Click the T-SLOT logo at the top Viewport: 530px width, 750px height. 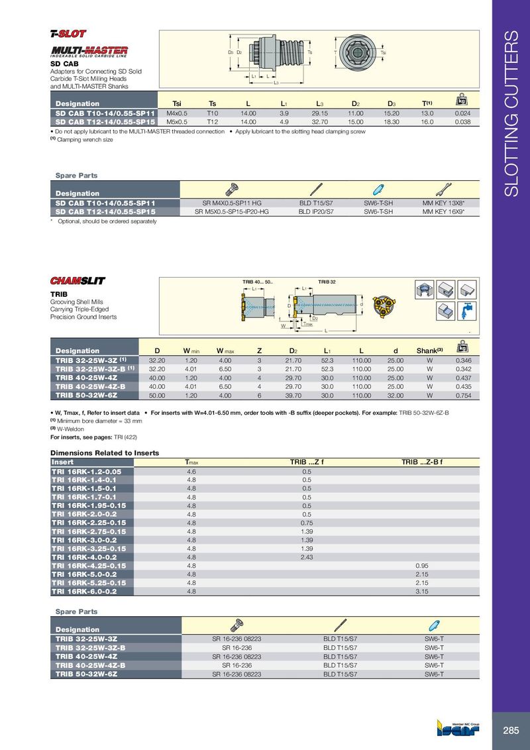click(x=68, y=33)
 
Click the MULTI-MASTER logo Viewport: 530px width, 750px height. click(x=89, y=51)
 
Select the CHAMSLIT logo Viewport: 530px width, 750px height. click(x=78, y=280)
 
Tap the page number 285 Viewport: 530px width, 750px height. click(x=511, y=730)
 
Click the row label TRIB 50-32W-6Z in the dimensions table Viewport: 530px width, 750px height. click(x=86, y=395)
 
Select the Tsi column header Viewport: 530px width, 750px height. click(x=177, y=103)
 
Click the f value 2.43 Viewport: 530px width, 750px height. click(x=307, y=557)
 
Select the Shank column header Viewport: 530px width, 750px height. click(x=429, y=350)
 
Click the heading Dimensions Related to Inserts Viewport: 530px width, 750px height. click(x=105, y=453)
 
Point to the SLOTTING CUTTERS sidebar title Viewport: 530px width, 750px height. click(x=511, y=113)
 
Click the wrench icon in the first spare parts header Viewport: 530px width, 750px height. click(x=443, y=187)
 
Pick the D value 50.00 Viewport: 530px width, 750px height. click(x=156, y=395)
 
